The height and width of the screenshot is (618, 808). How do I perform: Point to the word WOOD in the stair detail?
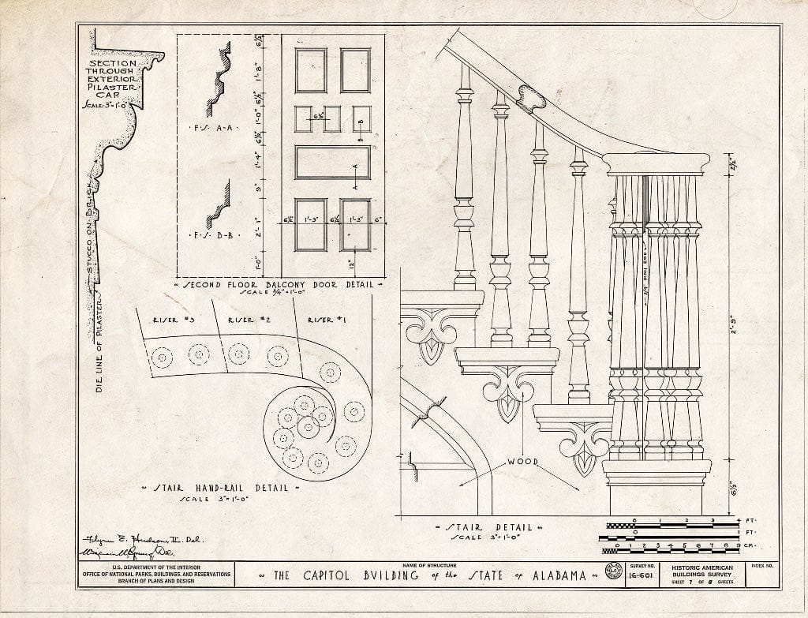[x=522, y=462]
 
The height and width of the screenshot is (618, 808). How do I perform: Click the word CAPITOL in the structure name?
[x=339, y=575]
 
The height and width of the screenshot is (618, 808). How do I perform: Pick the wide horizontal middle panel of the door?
[x=332, y=162]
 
